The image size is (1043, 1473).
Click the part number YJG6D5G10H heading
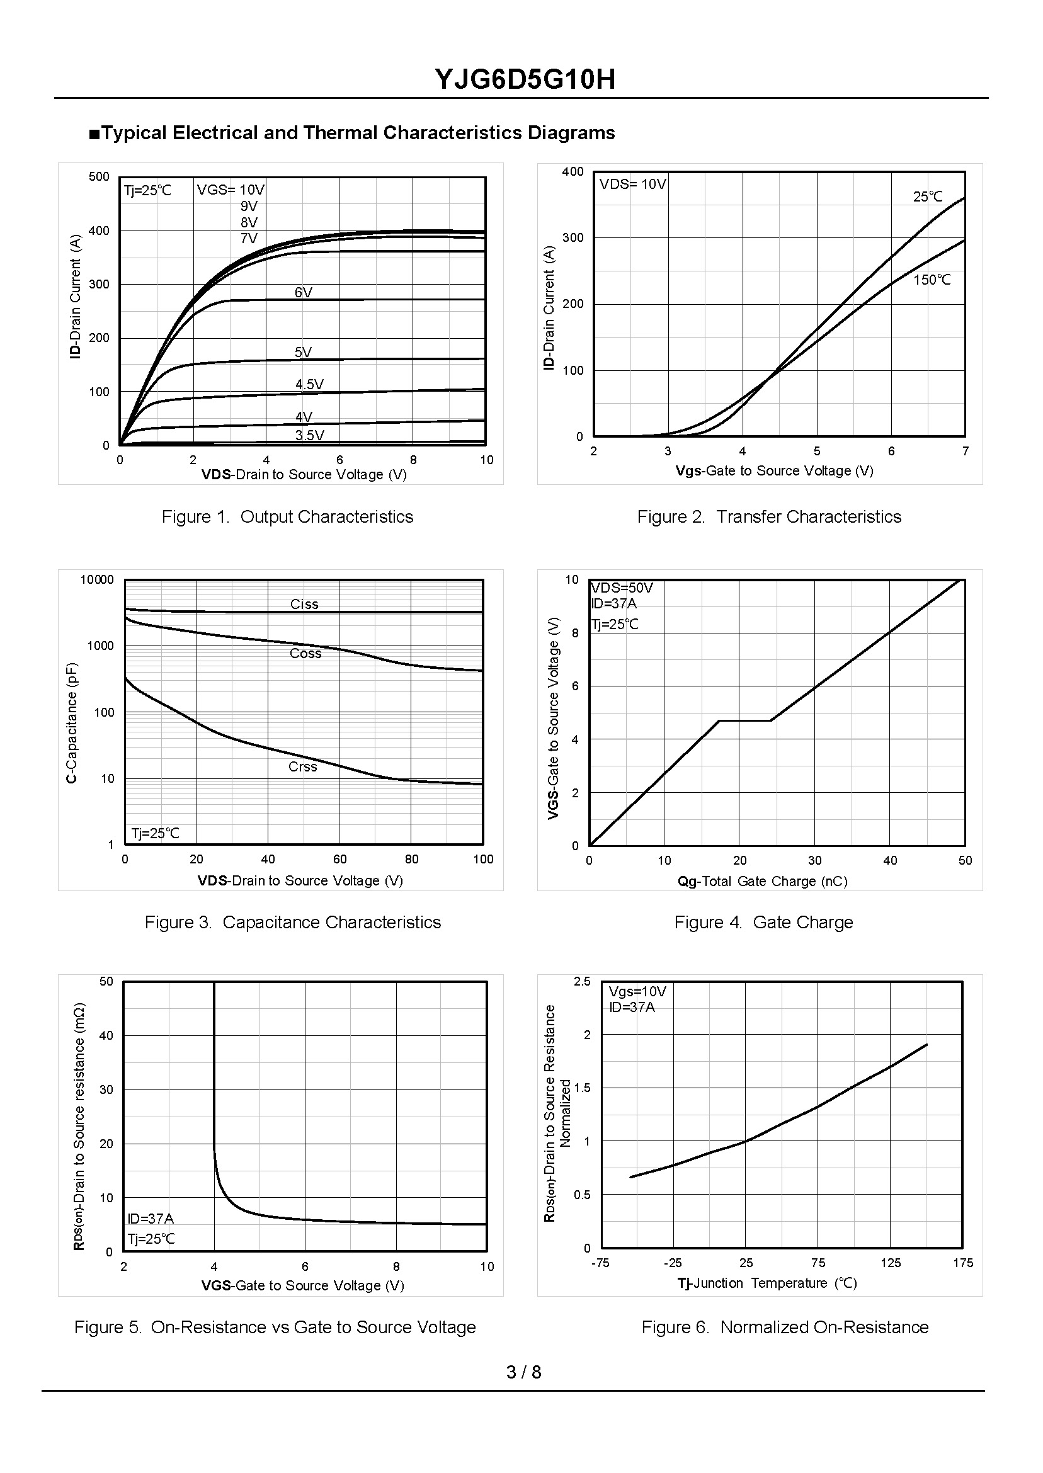pyautogui.click(x=525, y=79)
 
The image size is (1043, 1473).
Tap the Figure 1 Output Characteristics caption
pyautogui.click(x=287, y=517)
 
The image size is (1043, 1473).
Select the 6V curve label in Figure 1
pyautogui.click(x=303, y=293)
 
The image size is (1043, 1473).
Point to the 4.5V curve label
pyautogui.click(x=309, y=385)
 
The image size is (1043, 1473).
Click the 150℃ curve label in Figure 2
pyautogui.click(x=932, y=280)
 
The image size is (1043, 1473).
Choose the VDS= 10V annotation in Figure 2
pyautogui.click(x=632, y=185)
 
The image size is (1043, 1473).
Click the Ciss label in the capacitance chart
pyautogui.click(x=304, y=604)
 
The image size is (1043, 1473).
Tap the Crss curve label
pyautogui.click(x=302, y=766)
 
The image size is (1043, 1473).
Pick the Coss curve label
pyautogui.click(x=305, y=654)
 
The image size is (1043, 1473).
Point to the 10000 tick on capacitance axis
pyautogui.click(x=97, y=580)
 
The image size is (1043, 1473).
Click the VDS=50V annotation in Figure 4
pyautogui.click(x=622, y=588)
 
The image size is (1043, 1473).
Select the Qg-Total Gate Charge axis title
pyautogui.click(x=762, y=882)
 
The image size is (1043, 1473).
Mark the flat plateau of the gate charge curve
pyautogui.click(x=745, y=720)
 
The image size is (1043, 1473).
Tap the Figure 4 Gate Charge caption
pyautogui.click(x=763, y=923)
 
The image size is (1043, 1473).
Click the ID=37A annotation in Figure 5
pyautogui.click(x=151, y=1219)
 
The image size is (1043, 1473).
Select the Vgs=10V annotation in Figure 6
pyautogui.click(x=637, y=992)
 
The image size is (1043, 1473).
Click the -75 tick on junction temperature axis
pyautogui.click(x=600, y=1263)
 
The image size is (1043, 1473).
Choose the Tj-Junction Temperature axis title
pyautogui.click(x=767, y=1283)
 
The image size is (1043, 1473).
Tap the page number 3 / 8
pyautogui.click(x=523, y=1372)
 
